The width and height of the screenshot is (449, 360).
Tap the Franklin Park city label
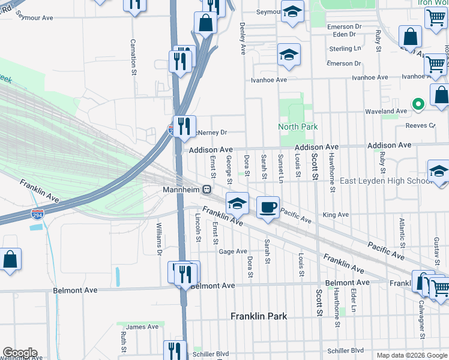(x=259, y=316)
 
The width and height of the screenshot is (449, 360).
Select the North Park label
(x=289, y=127)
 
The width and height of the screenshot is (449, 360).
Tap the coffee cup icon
(x=268, y=207)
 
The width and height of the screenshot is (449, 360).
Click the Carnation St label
(x=133, y=58)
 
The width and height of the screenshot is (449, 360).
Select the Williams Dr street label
(x=160, y=239)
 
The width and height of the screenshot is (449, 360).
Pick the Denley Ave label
(x=243, y=38)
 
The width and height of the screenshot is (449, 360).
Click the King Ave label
(x=336, y=215)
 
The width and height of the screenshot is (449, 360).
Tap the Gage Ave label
(x=233, y=251)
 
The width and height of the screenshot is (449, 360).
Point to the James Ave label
(x=142, y=326)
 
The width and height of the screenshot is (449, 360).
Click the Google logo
(x=20, y=353)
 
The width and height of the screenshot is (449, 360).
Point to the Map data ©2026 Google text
(x=411, y=355)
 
